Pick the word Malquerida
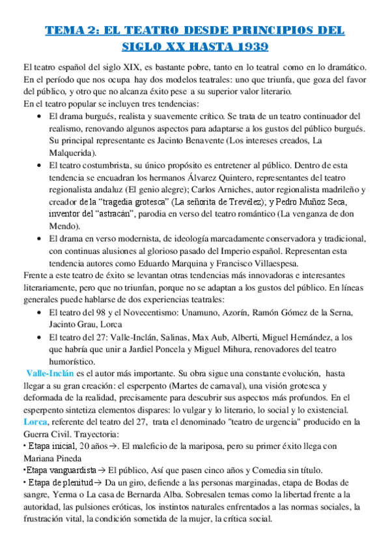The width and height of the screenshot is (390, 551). click(71, 153)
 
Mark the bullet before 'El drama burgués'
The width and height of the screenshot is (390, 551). click(40, 116)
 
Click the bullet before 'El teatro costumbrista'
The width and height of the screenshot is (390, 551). click(40, 165)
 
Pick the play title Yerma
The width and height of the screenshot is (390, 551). click(56, 494)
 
